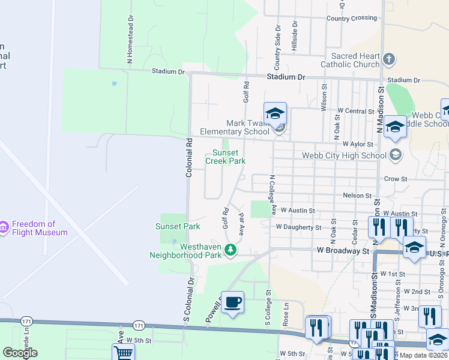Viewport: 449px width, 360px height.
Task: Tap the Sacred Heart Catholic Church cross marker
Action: [x=389, y=59]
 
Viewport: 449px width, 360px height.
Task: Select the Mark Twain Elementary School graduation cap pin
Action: [x=275, y=114]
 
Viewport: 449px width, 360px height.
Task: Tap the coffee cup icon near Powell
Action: [x=232, y=302]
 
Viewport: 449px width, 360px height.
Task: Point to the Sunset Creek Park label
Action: [x=226, y=157]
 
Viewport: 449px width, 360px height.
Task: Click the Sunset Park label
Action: [x=178, y=226]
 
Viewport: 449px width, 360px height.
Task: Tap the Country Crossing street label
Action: [x=352, y=19]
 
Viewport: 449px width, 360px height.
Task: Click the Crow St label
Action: [x=396, y=179]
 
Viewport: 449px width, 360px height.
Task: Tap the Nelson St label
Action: [x=357, y=196]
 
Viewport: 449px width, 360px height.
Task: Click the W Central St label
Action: [x=355, y=111]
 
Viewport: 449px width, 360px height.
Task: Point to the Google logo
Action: [x=20, y=353]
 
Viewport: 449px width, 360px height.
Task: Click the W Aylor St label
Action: [x=358, y=145]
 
